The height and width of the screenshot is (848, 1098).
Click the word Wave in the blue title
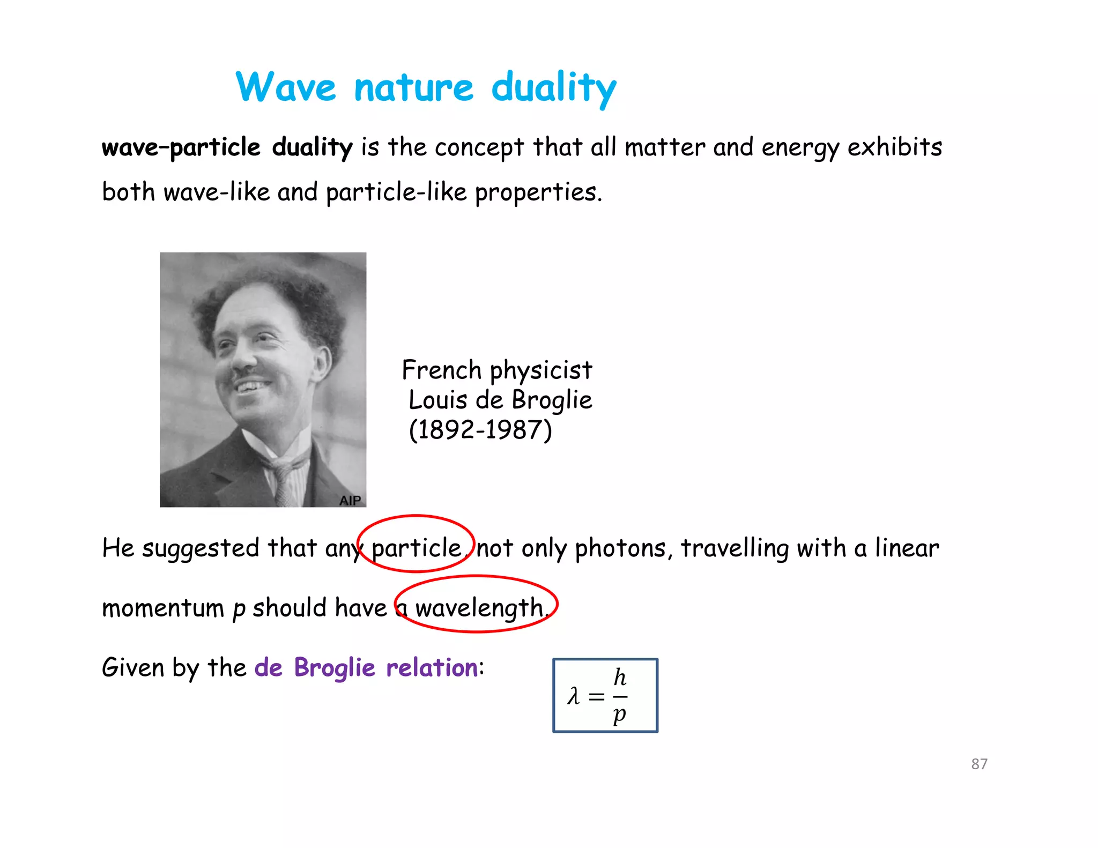(285, 87)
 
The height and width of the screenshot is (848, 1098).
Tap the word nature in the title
(413, 88)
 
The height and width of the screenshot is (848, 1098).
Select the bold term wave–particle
(181, 147)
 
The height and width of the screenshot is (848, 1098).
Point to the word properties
(538, 192)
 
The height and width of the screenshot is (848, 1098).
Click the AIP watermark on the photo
(350, 500)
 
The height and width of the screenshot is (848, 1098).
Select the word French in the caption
(442, 370)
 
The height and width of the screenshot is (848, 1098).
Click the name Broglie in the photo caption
(552, 400)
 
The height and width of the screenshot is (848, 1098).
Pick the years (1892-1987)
(480, 430)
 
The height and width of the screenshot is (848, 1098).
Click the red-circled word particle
(416, 548)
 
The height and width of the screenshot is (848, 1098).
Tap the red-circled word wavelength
(479, 608)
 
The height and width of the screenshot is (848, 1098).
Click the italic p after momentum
(239, 609)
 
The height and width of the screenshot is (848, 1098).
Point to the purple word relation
(432, 668)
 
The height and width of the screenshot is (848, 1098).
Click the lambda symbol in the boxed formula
(574, 696)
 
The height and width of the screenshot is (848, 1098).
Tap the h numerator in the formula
(620, 678)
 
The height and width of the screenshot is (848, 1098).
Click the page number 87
(979, 764)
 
